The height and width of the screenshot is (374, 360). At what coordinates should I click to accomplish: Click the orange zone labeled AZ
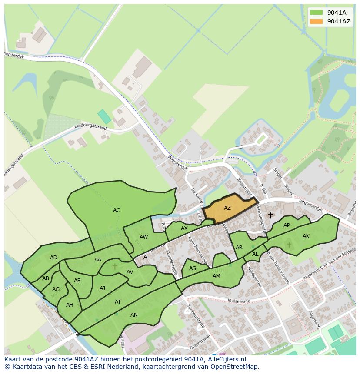(227, 208)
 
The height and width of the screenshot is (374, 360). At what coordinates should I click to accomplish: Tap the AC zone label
(117, 210)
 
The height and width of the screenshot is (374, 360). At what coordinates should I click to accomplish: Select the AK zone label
(306, 236)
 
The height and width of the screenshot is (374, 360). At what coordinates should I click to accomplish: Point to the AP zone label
(287, 225)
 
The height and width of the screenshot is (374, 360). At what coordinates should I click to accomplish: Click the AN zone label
(134, 315)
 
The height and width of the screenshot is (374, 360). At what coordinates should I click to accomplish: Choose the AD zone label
(53, 258)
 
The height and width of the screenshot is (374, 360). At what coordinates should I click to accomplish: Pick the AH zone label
(70, 305)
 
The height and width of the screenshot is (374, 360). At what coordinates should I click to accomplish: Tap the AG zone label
(56, 289)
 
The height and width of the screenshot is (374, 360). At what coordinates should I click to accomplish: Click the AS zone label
(193, 269)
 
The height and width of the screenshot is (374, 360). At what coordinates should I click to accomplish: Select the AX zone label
(184, 228)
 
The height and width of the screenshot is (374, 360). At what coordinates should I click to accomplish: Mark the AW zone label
(144, 237)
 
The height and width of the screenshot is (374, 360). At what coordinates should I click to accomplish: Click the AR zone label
(239, 248)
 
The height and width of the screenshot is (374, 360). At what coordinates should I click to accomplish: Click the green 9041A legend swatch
(316, 13)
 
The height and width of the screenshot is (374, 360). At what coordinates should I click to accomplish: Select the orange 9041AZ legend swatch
(316, 21)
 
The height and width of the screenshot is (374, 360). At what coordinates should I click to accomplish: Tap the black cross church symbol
(270, 215)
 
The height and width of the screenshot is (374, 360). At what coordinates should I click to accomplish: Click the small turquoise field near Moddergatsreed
(104, 116)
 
